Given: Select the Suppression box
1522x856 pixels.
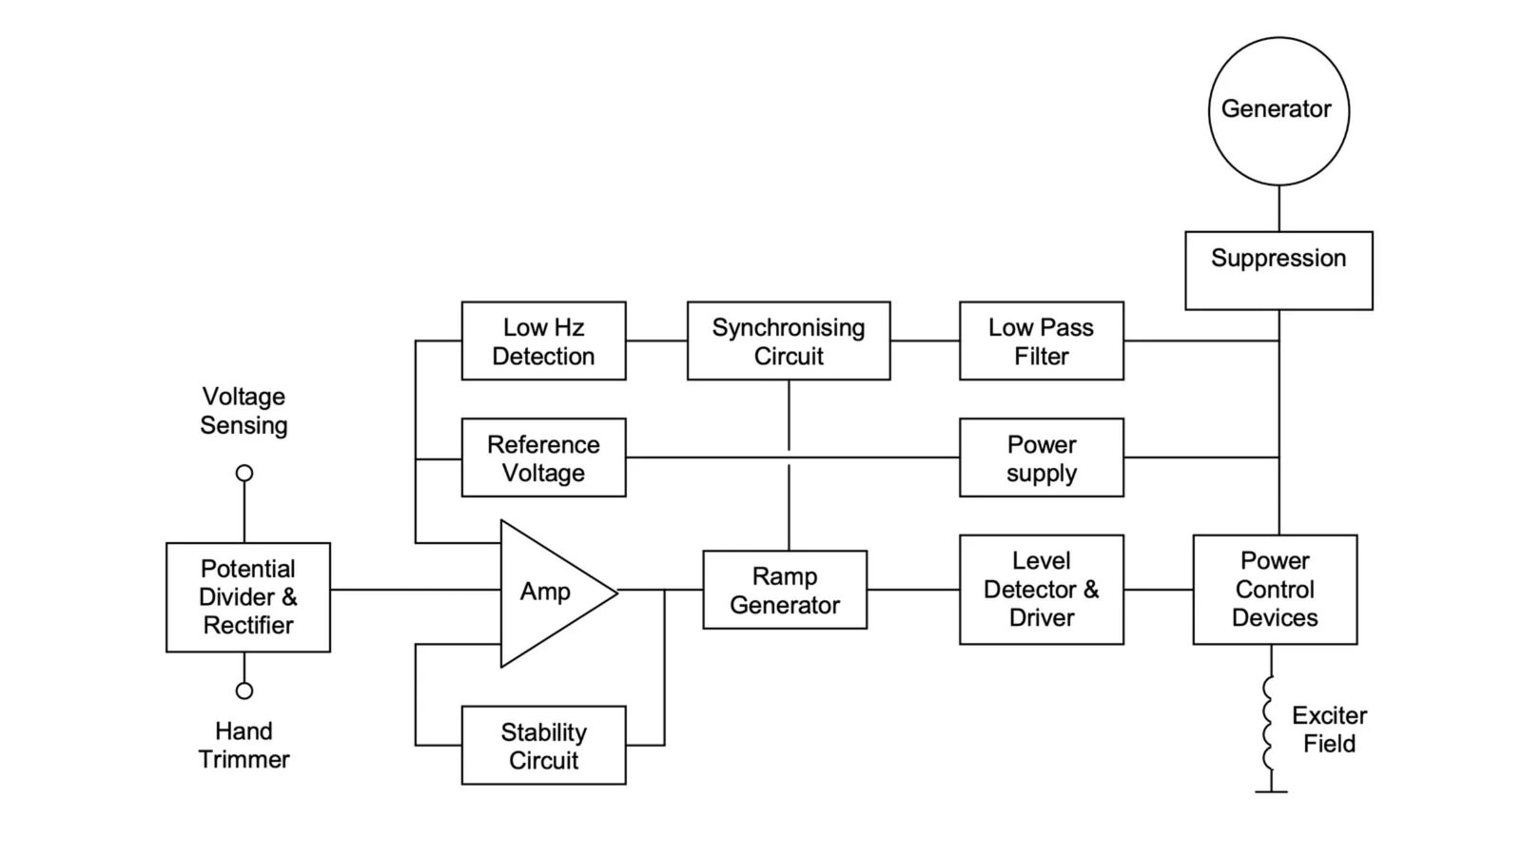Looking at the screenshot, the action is pos(1278,270).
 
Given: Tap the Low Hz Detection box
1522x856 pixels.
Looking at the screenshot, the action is pos(543,341).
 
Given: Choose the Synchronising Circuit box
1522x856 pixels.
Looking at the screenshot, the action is pos(789,341).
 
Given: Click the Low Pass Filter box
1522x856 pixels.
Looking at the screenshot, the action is pos(1042,341).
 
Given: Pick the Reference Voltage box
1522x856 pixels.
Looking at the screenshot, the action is pos(543,457).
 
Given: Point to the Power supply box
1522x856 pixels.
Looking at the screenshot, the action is pos(1042,457).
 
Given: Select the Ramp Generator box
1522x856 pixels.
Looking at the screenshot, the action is pos(785,590).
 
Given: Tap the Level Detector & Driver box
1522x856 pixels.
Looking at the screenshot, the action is pos(1042,590).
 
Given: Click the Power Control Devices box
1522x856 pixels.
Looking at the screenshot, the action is pos(1276,590).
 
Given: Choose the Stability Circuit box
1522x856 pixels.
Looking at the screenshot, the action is pos(543,746).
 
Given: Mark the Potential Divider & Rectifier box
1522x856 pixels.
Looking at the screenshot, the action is pos(248,597).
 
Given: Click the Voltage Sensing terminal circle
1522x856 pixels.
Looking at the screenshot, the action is pos(244,473).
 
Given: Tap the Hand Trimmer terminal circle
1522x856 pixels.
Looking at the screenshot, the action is pos(244,691).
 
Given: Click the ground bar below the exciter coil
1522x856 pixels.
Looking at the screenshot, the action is pos(1271,792).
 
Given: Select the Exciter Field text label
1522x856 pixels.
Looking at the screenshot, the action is pos(1329,730).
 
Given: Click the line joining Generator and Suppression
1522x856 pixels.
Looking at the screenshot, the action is pos(1279,208).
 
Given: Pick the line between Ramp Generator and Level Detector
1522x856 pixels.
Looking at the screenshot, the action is pos(913,590).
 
